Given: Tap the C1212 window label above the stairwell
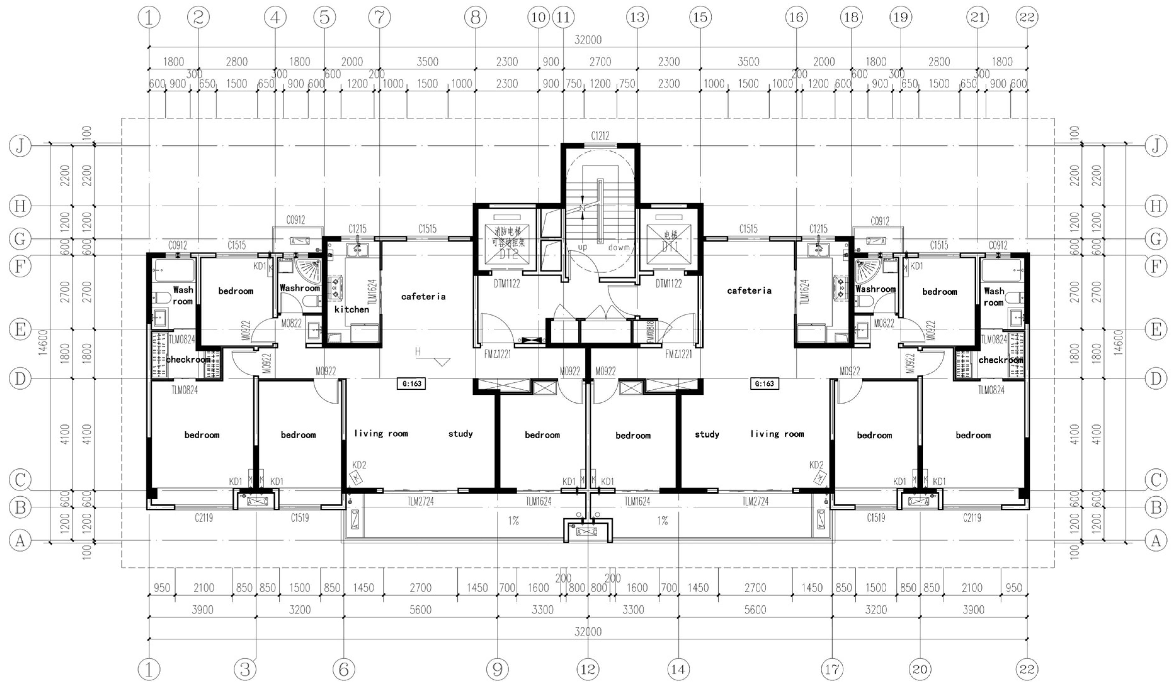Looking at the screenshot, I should click(600, 136).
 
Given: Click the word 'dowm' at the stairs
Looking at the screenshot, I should click(619, 248).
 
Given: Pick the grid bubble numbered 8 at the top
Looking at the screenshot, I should click(475, 18).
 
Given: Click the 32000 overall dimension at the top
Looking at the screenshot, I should click(587, 40).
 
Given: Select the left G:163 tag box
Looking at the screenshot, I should click(411, 384).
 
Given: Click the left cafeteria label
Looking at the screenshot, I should click(423, 296).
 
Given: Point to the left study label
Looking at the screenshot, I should click(460, 433).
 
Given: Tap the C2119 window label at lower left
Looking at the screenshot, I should click(204, 518).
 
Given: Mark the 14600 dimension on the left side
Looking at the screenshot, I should click(44, 342).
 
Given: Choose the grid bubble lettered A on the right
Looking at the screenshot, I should click(1156, 541).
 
